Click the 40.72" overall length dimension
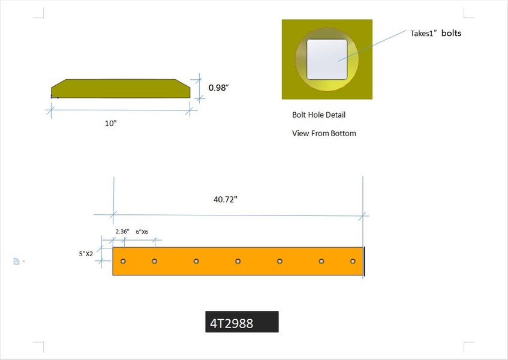click(x=225, y=199)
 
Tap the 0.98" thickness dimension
click(x=218, y=88)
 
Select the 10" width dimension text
click(x=110, y=123)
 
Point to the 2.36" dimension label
click(x=122, y=232)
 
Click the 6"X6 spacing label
click(x=142, y=232)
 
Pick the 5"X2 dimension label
click(x=86, y=254)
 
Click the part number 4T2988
click(x=232, y=323)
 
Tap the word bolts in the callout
click(x=451, y=33)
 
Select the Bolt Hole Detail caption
click(x=319, y=115)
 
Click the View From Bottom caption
click(x=324, y=133)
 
